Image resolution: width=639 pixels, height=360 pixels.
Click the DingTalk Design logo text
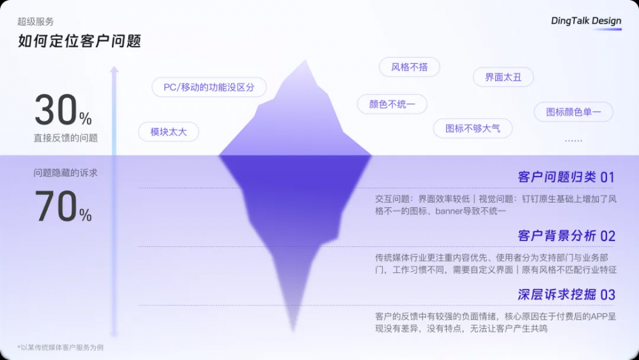586,21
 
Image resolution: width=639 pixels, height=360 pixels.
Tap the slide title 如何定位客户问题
79,41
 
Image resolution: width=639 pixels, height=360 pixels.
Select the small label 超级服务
35,22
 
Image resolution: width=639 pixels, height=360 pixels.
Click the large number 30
56,110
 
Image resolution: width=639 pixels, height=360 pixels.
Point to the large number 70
56,206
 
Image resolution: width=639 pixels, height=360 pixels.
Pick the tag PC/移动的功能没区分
209,87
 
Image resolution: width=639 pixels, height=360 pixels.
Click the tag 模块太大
169,132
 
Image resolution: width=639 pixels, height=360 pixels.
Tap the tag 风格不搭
410,67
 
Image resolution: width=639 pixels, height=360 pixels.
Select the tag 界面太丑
504,77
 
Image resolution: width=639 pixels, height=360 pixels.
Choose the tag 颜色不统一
392,104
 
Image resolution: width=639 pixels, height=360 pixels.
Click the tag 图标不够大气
473,129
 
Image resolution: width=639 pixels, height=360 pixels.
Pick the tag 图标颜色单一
573,112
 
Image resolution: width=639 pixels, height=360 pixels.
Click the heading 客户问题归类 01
566,177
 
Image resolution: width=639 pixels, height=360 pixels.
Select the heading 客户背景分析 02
566,236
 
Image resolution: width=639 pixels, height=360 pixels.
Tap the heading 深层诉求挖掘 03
566,294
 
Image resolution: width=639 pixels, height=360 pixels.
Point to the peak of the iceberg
305,60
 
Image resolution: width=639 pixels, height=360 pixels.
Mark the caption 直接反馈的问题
66,138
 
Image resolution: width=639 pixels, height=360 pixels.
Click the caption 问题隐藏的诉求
66,173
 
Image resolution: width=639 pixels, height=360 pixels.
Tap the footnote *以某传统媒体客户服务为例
60,347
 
